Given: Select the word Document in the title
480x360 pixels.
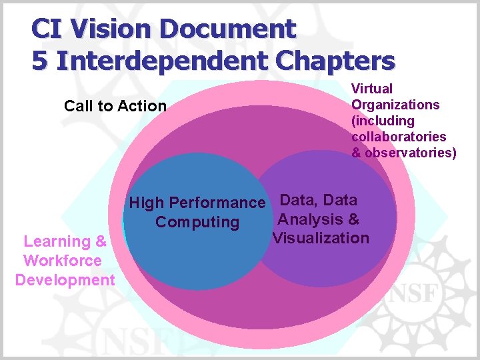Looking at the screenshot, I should pyautogui.click(x=227, y=29).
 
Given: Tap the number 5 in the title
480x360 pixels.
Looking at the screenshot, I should pyautogui.click(x=40, y=61).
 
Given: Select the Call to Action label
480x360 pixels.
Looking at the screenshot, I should pyautogui.click(x=115, y=106).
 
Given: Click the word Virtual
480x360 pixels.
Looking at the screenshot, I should pyautogui.click(x=372, y=89).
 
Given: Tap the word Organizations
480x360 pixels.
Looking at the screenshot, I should pyautogui.click(x=395, y=105).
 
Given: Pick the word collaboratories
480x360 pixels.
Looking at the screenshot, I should pyautogui.click(x=399, y=137).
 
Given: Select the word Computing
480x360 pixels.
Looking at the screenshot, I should pyautogui.click(x=197, y=222).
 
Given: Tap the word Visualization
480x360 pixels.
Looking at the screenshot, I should pyautogui.click(x=321, y=238).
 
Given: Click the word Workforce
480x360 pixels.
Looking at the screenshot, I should pyautogui.click(x=63, y=261).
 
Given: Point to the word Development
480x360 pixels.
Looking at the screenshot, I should pyautogui.click(x=65, y=280).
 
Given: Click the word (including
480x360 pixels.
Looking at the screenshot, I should pyautogui.click(x=383, y=121).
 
